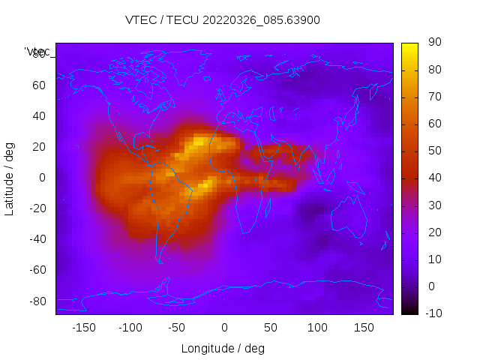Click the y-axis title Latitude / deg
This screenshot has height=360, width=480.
(x=10, y=178)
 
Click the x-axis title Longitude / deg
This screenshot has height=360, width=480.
(x=223, y=348)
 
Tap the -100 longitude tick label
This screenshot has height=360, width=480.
(x=130, y=327)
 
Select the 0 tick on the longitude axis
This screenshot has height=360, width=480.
(x=224, y=327)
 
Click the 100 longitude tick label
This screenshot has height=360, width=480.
(x=317, y=327)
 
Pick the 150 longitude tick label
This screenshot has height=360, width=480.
(x=364, y=327)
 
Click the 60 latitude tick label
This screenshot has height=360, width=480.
(x=39, y=85)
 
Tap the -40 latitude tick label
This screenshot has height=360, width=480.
(x=37, y=239)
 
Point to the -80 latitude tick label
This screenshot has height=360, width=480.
(x=37, y=301)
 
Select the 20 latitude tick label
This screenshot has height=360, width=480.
(x=39, y=146)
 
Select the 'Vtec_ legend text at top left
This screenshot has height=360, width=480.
(x=37, y=51)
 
